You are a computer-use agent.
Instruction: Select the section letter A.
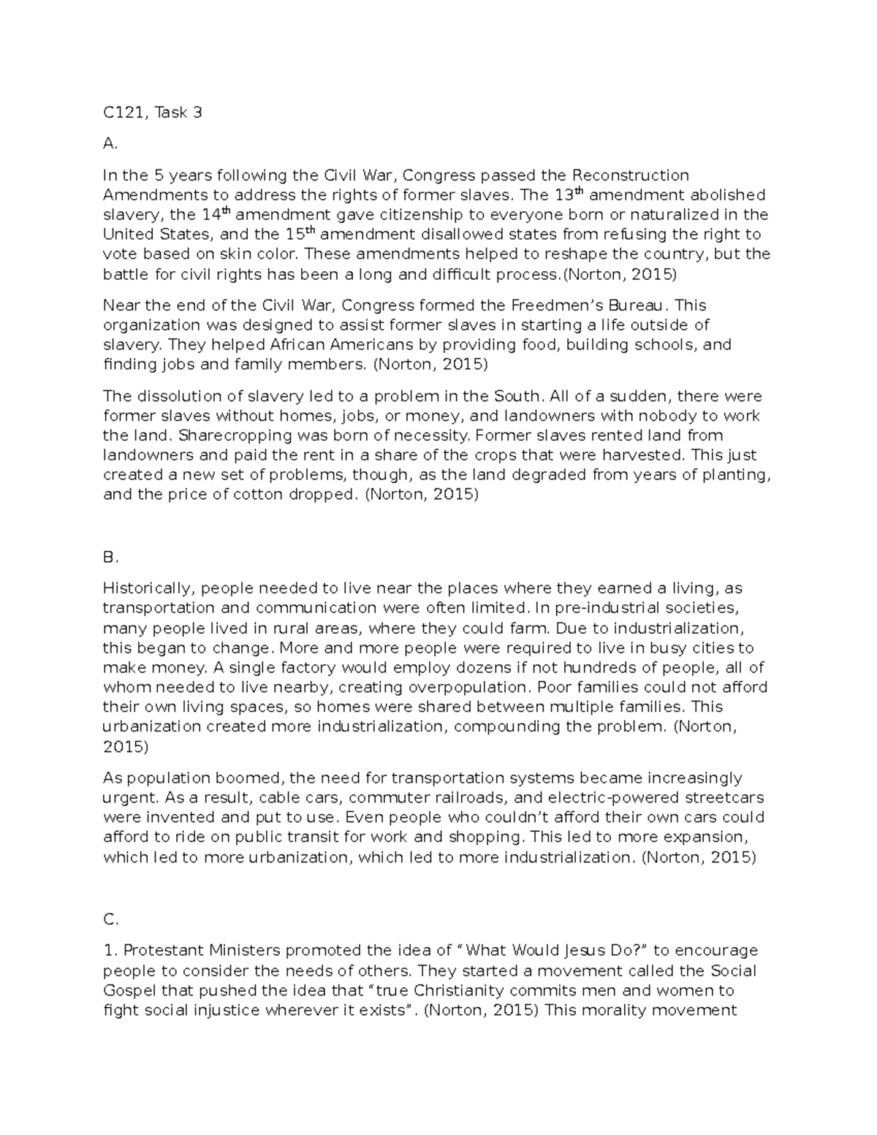[x=110, y=144]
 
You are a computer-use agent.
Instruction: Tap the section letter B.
[x=110, y=558]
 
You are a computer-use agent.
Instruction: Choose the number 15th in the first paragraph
[x=300, y=234]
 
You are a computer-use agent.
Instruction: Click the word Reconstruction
[x=630, y=175]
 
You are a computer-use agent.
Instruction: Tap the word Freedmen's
[x=565, y=305]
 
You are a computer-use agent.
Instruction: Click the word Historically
[x=148, y=588]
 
